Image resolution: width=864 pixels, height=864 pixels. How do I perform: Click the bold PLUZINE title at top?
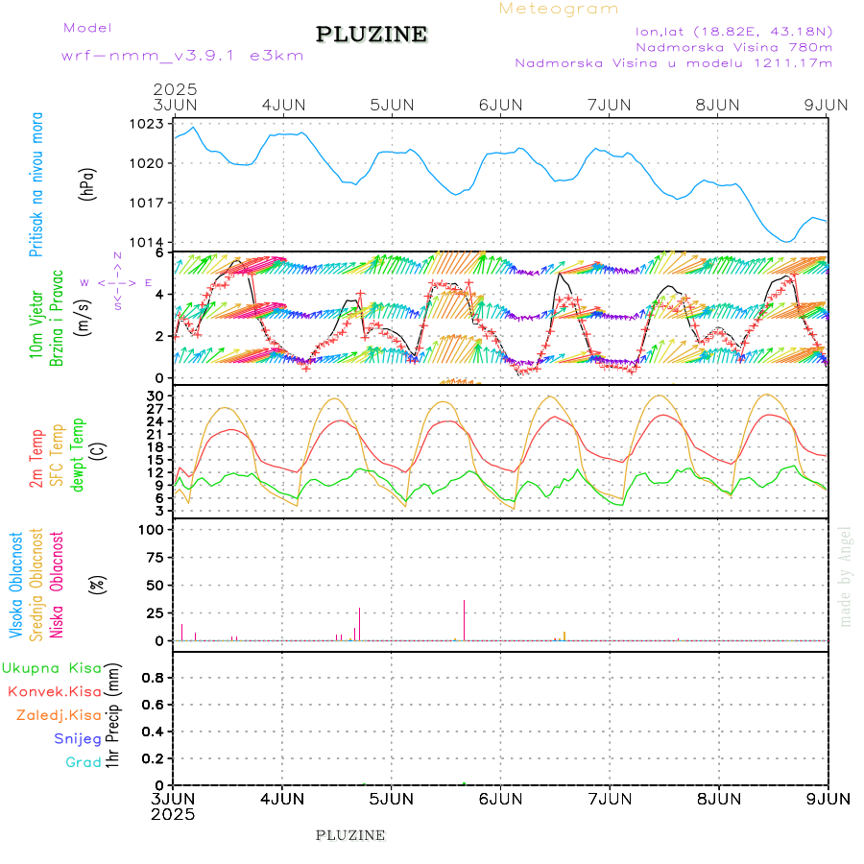tap(372, 35)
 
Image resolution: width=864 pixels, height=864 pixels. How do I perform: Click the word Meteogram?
tap(559, 9)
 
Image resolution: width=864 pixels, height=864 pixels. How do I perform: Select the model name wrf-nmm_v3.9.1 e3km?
tap(182, 55)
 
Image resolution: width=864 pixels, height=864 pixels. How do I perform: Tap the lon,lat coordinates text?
tap(725, 31)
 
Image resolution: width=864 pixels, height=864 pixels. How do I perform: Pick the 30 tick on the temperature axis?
tap(155, 396)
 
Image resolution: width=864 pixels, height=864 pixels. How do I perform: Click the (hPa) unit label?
tap(88, 182)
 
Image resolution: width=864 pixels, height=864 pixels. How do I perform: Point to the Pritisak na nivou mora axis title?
tap(36, 184)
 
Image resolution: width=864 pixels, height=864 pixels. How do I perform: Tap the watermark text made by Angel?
tap(846, 575)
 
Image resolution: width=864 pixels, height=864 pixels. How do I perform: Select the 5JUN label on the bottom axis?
tap(391, 798)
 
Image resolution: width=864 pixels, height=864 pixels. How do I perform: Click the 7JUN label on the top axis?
tap(609, 105)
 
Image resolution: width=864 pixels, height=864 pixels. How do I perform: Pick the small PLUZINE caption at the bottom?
tap(350, 835)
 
